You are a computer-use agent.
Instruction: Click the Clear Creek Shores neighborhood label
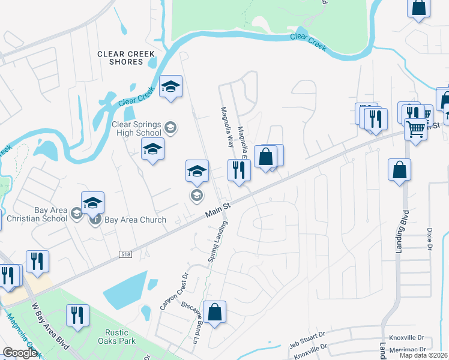pyautogui.click(x=120, y=58)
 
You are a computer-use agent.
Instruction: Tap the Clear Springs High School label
pyautogui.click(x=137, y=129)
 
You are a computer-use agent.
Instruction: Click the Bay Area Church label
pyautogui.click(x=135, y=220)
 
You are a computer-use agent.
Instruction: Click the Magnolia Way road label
pyautogui.click(x=227, y=128)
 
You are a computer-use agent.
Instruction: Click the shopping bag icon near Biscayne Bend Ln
pyautogui.click(x=214, y=312)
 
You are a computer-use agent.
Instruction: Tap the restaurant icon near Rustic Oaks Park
pyautogui.click(x=77, y=316)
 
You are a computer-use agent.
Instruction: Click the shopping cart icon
pyautogui.click(x=415, y=128)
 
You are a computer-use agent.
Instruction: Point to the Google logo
pyautogui.click(x=20, y=353)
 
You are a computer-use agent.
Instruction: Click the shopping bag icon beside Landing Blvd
pyautogui.click(x=399, y=170)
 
